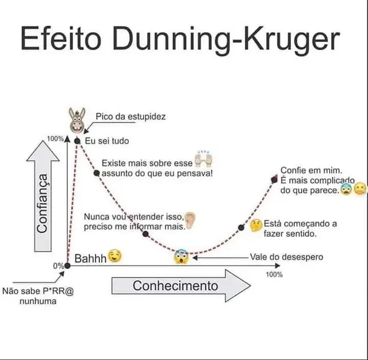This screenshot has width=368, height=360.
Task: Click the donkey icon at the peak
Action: [76, 119]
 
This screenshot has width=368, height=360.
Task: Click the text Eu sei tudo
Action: [107, 141]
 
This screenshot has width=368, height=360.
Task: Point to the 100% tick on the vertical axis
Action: [56, 139]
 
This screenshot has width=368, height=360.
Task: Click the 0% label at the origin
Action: [58, 266]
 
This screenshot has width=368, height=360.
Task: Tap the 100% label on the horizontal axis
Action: [274, 274]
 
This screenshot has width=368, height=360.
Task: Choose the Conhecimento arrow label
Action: [175, 286]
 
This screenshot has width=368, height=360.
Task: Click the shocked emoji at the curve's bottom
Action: [181, 256]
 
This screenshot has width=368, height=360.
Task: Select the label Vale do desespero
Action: [286, 257]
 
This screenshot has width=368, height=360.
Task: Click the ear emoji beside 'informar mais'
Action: [190, 220]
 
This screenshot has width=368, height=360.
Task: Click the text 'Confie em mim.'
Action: [311, 170]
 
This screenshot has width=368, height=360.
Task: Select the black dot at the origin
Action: [67, 265]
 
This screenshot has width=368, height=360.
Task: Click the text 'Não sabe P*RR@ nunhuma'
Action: [39, 296]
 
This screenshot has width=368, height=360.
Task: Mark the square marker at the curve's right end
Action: [274, 179]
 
